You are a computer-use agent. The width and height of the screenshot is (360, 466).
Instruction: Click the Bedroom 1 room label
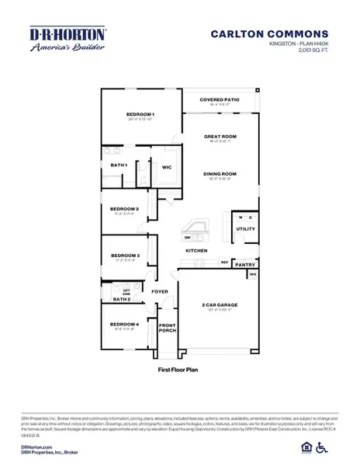pos(140,115)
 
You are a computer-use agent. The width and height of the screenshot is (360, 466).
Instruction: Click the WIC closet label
pos(166,166)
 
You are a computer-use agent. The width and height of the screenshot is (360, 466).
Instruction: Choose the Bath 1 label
pos(119,165)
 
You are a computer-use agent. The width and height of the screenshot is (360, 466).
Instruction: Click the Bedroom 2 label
pos(124,209)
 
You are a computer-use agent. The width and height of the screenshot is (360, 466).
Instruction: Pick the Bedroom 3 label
pos(124,256)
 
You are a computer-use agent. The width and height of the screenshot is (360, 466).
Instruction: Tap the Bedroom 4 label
pos(124,324)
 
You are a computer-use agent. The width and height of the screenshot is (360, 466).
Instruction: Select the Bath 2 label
pos(121,299)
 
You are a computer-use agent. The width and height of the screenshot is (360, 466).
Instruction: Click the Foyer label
pos(160,292)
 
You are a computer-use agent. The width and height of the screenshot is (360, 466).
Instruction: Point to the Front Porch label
pos(167,327)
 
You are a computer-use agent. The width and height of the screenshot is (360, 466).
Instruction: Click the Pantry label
pos(246,265)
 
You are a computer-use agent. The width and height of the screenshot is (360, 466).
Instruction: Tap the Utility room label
pos(245,229)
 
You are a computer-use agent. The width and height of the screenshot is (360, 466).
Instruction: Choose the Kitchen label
pos(195,252)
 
